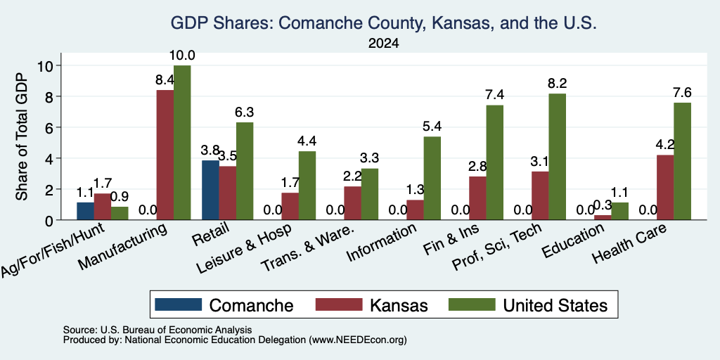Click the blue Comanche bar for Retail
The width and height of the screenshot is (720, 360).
click(x=210, y=190)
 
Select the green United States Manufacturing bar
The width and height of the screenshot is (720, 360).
click(x=182, y=143)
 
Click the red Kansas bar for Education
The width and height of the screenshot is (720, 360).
click(x=603, y=218)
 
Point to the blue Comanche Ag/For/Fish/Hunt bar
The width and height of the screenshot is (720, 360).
click(x=85, y=211)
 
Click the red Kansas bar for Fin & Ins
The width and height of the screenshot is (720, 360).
click(x=477, y=198)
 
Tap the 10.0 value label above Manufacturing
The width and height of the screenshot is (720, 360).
click(x=182, y=56)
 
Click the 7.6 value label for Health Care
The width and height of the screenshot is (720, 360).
click(x=682, y=93)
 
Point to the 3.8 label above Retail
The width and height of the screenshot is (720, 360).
click(x=210, y=150)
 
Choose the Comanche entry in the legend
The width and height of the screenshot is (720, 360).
click(x=224, y=305)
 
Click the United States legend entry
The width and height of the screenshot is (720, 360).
click(x=527, y=305)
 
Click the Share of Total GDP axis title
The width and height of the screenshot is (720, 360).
click(x=22, y=136)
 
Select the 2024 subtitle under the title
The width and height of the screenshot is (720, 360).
click(x=383, y=44)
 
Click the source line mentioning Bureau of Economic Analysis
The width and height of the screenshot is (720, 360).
click(x=157, y=330)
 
